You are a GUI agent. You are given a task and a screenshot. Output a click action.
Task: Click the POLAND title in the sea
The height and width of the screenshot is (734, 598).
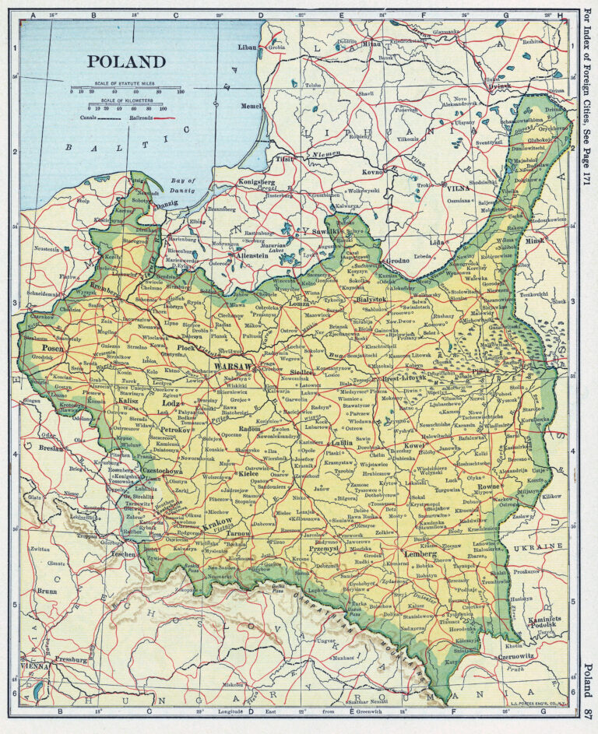126,61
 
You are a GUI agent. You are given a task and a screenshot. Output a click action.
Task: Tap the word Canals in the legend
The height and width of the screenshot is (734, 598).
89,118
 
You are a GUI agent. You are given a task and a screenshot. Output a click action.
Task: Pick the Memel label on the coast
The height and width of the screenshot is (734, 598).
252,104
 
